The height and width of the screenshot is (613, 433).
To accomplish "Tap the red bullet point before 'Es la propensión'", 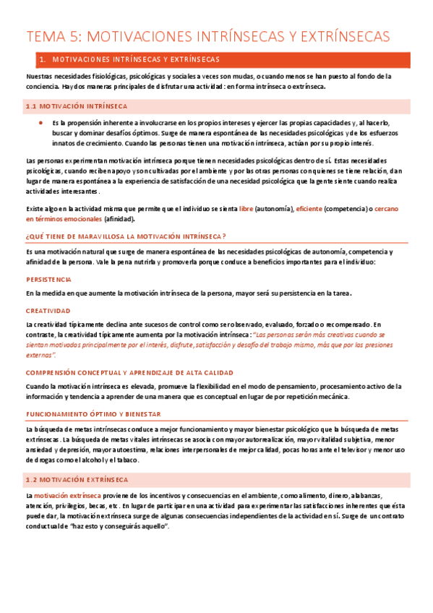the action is coord(40,124).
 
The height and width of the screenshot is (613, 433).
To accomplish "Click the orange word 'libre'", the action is coord(246,208).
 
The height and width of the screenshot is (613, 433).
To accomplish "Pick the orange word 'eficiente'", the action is coord(309,208).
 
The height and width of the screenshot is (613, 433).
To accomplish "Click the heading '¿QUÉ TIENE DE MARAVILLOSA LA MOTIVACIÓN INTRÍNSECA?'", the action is coord(126,236).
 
